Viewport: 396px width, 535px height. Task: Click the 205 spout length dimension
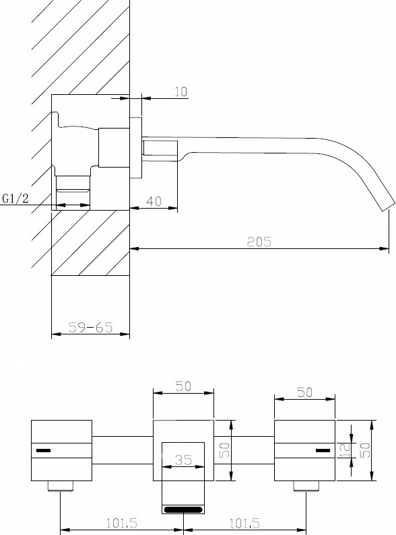point(259,242)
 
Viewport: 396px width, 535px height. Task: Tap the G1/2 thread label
point(15,199)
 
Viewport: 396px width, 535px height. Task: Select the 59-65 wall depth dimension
point(90,327)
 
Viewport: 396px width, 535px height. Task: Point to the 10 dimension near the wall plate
point(181,92)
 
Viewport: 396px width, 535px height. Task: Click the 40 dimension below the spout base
point(154,201)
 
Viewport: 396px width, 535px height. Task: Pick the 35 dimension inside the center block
point(183,460)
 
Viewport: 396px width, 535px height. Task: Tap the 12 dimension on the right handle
point(345,450)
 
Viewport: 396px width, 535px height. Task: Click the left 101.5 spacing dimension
point(122,523)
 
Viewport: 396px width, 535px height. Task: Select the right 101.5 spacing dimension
point(244,523)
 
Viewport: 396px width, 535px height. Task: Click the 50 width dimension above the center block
point(183,386)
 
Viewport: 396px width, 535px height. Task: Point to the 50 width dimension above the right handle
point(304,392)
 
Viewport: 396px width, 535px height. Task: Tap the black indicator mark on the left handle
point(43,451)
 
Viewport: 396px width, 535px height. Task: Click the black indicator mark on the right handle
point(323,451)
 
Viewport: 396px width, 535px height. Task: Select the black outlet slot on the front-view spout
point(183,509)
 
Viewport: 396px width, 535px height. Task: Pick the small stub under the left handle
point(61,486)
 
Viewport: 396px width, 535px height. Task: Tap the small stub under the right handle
point(306,486)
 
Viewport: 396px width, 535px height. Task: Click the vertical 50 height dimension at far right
point(364,450)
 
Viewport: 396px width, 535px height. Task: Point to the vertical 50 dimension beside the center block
point(225,450)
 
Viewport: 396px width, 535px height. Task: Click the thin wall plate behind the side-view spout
point(135,148)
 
